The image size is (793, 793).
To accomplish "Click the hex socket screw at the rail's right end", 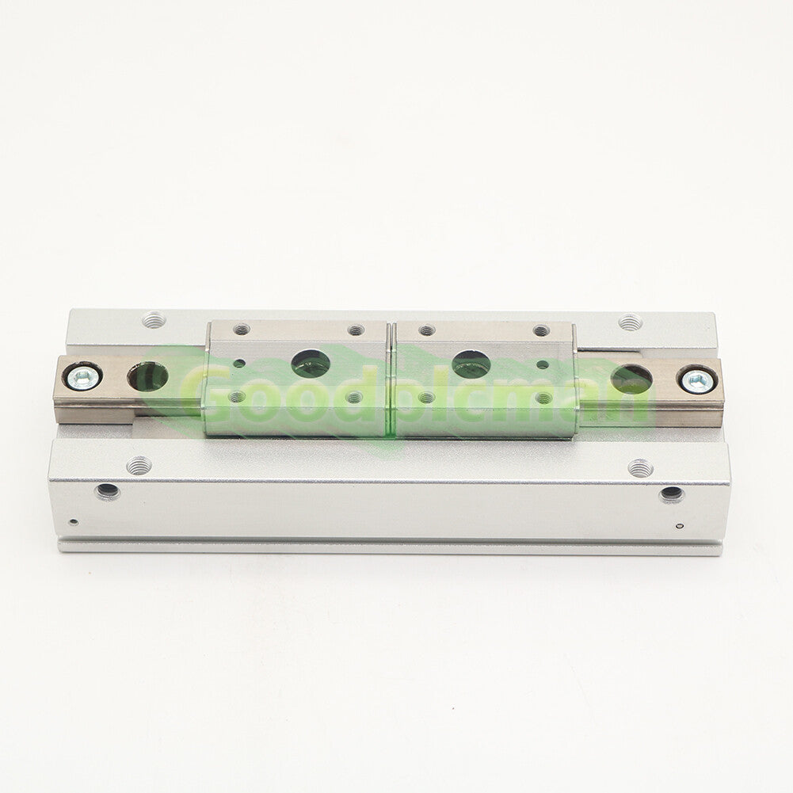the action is [x=697, y=380].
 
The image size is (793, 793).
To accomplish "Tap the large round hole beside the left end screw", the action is [x=147, y=377].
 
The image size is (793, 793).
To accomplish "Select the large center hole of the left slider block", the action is [x=311, y=364].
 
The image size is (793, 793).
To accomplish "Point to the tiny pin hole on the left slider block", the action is [x=239, y=363].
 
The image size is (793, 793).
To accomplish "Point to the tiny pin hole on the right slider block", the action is [x=542, y=364].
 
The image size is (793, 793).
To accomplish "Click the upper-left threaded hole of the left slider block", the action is [x=242, y=330].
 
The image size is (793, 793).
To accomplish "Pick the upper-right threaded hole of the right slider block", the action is [x=540, y=331].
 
